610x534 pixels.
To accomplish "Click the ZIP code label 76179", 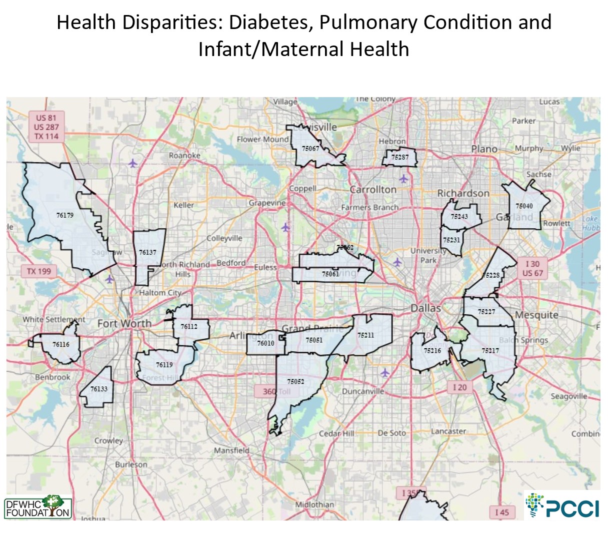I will (x=65, y=215).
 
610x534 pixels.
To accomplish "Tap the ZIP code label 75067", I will (x=310, y=149).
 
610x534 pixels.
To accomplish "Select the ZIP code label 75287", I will (x=400, y=157).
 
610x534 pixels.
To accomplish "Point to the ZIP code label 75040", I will (x=524, y=206).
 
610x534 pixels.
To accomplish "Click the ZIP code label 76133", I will (x=99, y=389).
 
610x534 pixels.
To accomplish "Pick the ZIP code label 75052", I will (x=295, y=381).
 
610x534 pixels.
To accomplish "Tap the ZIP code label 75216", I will (x=432, y=351).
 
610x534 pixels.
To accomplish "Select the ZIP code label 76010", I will (x=265, y=343).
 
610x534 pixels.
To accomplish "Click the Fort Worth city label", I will (x=124, y=323).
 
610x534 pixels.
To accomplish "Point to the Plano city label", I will (x=484, y=149).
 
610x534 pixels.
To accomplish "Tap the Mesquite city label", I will (x=536, y=315).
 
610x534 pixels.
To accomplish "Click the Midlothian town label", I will (x=314, y=504).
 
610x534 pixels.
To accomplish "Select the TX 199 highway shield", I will (x=38, y=271).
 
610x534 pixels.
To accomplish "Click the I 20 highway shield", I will (x=459, y=387).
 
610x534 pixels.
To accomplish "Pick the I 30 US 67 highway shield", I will (x=532, y=268).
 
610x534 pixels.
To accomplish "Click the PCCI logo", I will (x=562, y=506).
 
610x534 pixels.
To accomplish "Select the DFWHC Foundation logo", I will (x=37, y=507).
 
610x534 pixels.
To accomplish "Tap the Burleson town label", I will (x=131, y=464).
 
